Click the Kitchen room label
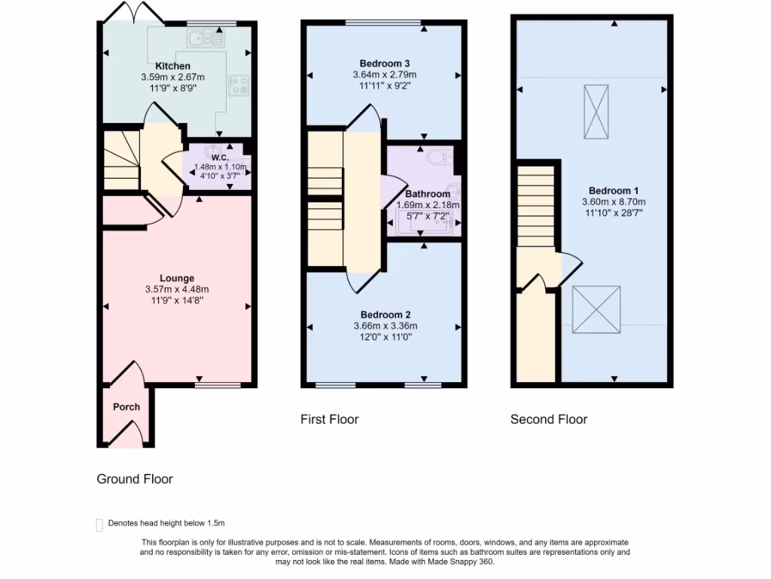tap(172, 66)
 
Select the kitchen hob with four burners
tap(240, 87)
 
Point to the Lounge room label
tap(177, 278)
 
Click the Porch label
tap(126, 407)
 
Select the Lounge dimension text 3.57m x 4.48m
tap(177, 289)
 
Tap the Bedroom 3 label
tap(385, 63)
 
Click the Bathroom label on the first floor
tap(428, 194)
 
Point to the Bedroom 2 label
tap(385, 314)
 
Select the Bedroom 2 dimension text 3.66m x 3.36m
tap(385, 326)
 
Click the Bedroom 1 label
tap(614, 190)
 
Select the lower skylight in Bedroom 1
tap(596, 309)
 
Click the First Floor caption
tap(329, 419)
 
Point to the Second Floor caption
tap(548, 419)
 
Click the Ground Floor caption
tap(135, 479)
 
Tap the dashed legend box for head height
tap(99, 525)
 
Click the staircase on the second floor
tap(536, 207)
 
